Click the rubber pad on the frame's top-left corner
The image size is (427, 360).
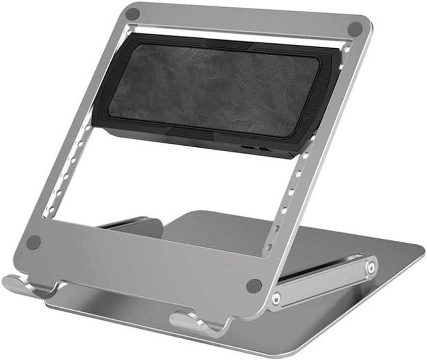(x=132, y=14)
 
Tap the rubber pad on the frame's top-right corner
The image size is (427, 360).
(x=354, y=29)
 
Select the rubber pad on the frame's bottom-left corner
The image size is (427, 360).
(x=33, y=242)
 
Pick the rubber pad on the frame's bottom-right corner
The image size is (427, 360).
(x=254, y=285)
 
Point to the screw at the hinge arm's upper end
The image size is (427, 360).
(x=370, y=267)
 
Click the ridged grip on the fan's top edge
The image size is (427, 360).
(x=226, y=45)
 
